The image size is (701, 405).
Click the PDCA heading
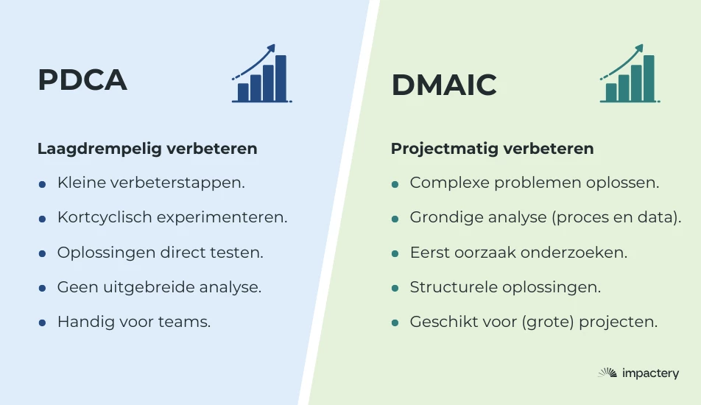82,80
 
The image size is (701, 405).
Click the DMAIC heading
444,85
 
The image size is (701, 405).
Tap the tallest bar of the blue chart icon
281,78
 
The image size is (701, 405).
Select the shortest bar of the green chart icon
611,93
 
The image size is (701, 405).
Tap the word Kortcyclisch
105,217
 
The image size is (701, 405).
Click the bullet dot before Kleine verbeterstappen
42,184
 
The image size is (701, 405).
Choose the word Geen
77,287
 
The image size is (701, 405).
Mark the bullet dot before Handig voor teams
42,323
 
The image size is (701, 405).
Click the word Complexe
449,183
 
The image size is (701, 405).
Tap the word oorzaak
485,253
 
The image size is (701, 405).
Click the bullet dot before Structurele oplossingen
395,289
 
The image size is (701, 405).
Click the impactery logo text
650,373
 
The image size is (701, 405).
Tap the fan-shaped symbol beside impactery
607,373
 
